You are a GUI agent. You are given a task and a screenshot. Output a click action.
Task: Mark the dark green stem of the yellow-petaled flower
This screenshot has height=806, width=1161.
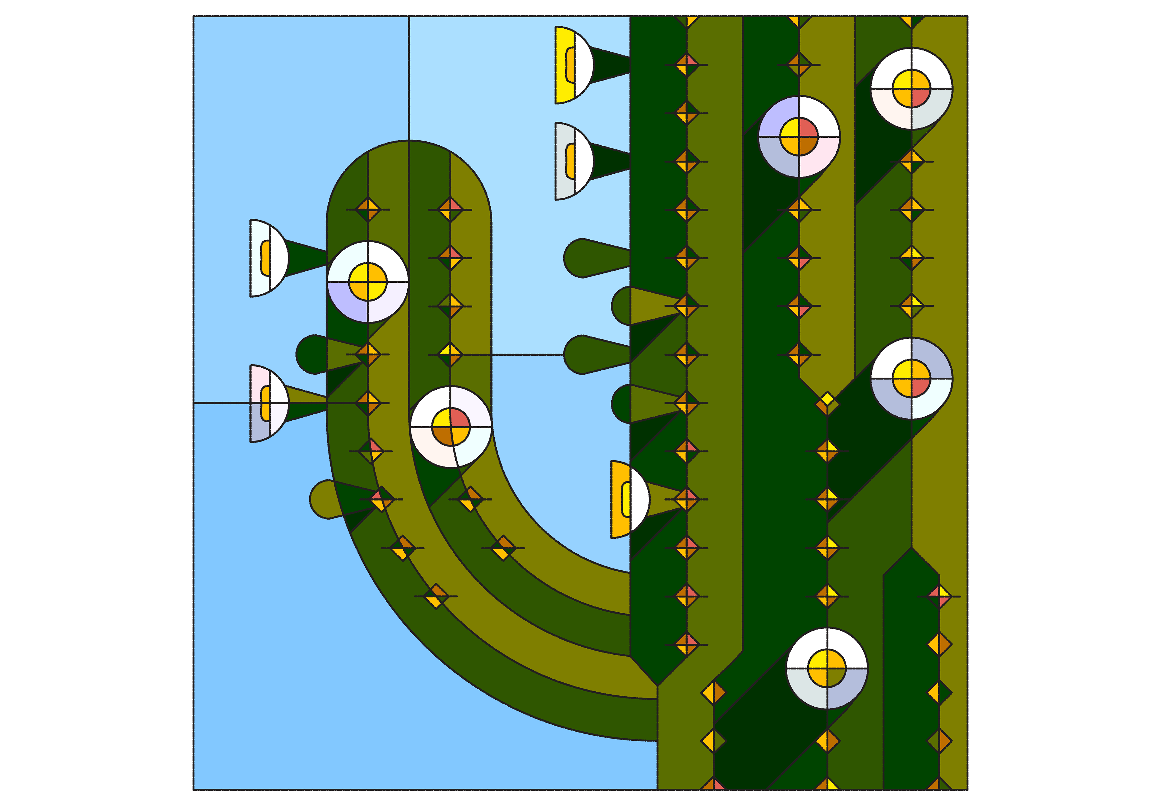tap(609, 65)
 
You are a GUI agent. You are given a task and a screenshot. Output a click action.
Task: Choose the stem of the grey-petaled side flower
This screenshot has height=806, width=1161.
tap(609, 161)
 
